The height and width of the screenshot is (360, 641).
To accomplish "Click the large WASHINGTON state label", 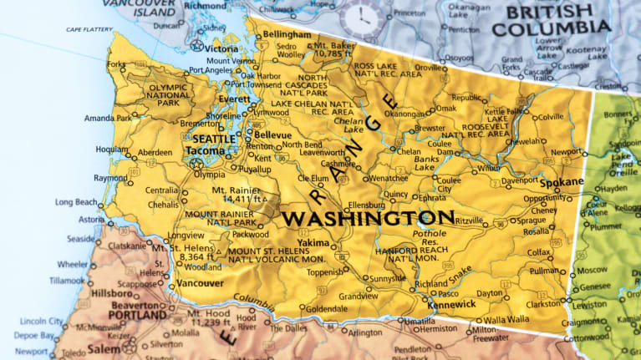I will (368, 219).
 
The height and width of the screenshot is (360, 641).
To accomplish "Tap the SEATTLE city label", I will (214, 139).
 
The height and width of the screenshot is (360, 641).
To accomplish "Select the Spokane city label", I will (562, 182).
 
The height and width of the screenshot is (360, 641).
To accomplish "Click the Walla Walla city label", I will (507, 319).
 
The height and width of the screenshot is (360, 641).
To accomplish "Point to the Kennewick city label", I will (453, 305).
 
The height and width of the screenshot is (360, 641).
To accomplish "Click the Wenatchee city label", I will (389, 178).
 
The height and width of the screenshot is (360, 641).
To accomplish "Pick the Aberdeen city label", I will (155, 152).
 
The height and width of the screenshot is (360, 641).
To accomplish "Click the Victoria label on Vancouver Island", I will (221, 48).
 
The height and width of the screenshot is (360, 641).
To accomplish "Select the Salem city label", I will (104, 348).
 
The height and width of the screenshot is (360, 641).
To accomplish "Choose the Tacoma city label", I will (206, 150).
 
